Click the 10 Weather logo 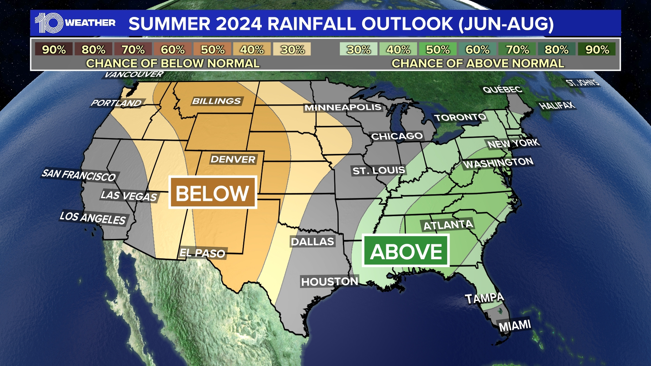pos(75,23)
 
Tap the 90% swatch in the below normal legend pos(54,49)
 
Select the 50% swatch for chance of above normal pos(438,49)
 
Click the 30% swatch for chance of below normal pos(292,49)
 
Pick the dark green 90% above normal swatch pos(597,49)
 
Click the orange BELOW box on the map pos(213,192)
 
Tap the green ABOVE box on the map pos(406,251)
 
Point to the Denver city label pos(233,159)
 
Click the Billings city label pos(216,101)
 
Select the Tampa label pos(484,298)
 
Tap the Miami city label pos(514,326)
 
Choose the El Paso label pos(202,253)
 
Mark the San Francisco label pos(79,175)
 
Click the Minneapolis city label pos(343,107)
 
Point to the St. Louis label pos(378,170)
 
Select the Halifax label pos(557,105)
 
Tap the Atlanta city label pos(448,225)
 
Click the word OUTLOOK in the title pos(407,24)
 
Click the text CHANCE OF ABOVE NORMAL pos(477,63)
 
